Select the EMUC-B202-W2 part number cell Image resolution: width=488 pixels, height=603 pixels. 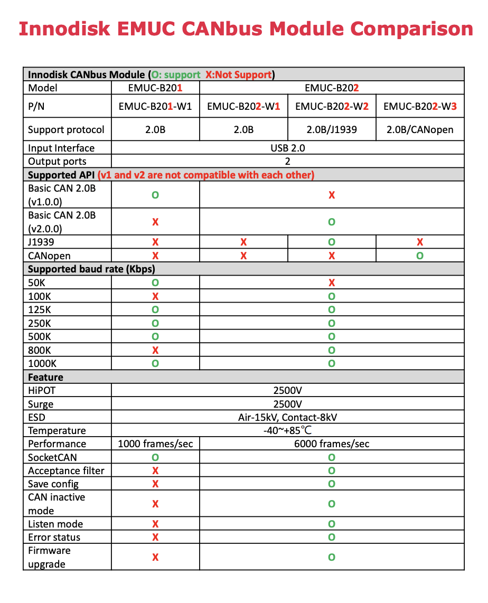pyautogui.click(x=332, y=107)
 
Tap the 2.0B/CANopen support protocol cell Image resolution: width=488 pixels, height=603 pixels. pyautogui.click(x=420, y=129)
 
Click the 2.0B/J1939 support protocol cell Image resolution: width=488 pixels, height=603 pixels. pyautogui.click(x=332, y=129)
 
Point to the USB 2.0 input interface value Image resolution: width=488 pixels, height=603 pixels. pyautogui.click(x=287, y=148)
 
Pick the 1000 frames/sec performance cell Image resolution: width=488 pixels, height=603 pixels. pyautogui.click(x=155, y=444)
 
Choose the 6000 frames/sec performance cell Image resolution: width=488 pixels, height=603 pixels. pyautogui.click(x=332, y=444)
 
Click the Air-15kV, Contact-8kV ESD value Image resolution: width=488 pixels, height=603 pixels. pyautogui.click(x=287, y=417)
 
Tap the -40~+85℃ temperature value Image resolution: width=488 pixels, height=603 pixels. pyautogui.click(x=287, y=430)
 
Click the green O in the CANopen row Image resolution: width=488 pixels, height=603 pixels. pyautogui.click(x=420, y=256)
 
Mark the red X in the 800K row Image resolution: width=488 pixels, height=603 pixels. pyautogui.click(x=155, y=350)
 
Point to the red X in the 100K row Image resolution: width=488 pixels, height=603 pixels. pyautogui.click(x=155, y=296)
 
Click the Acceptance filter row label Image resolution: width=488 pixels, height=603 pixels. pyautogui.click(x=66, y=470)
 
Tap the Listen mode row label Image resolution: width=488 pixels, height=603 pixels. pyautogui.click(x=55, y=524)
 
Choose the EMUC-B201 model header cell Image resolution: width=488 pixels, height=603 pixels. pyautogui.click(x=155, y=88)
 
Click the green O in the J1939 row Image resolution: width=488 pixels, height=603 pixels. pyautogui.click(x=332, y=242)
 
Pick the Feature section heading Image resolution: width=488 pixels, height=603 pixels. pyautogui.click(x=45, y=377)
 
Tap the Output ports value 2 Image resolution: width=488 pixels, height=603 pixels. pyautogui.click(x=287, y=162)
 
